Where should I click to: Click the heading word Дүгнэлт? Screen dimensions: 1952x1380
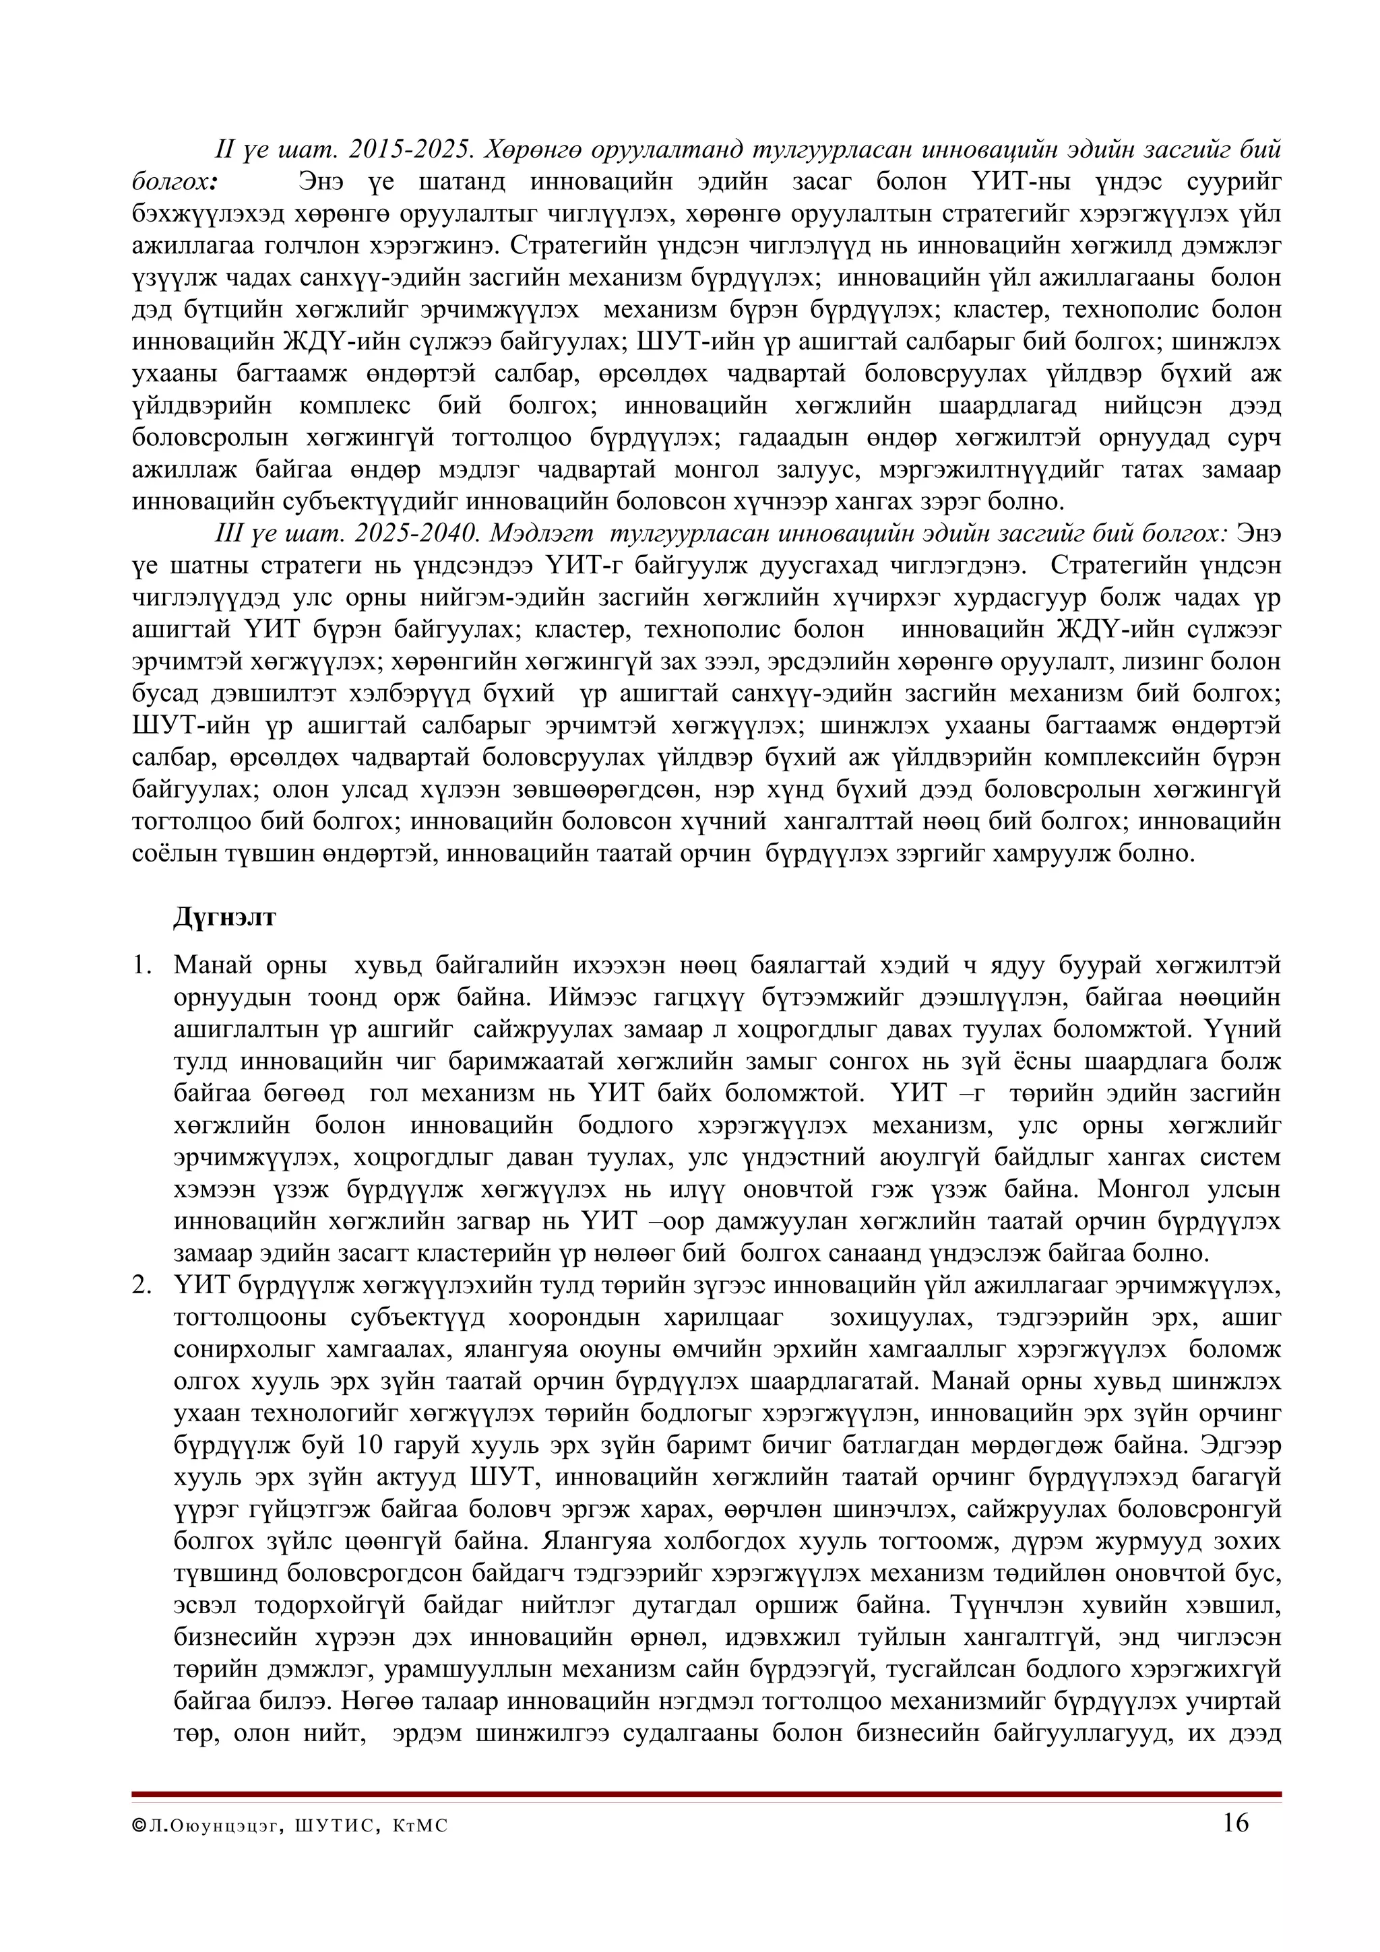tap(224, 918)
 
